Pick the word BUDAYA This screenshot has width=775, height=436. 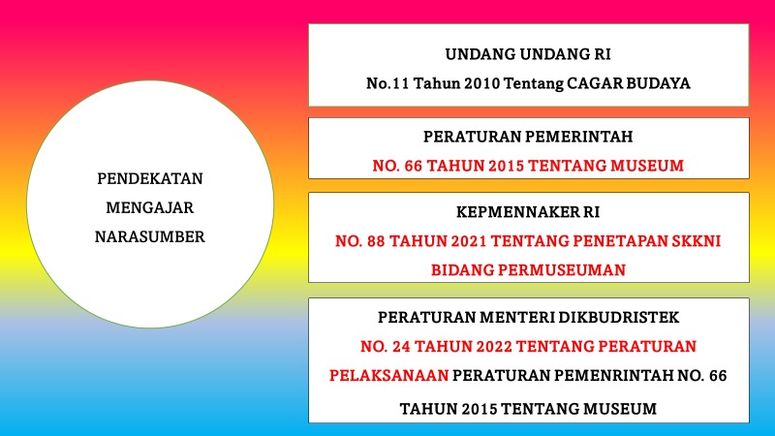click(x=656, y=83)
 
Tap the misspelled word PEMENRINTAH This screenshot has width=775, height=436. click(x=612, y=374)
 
